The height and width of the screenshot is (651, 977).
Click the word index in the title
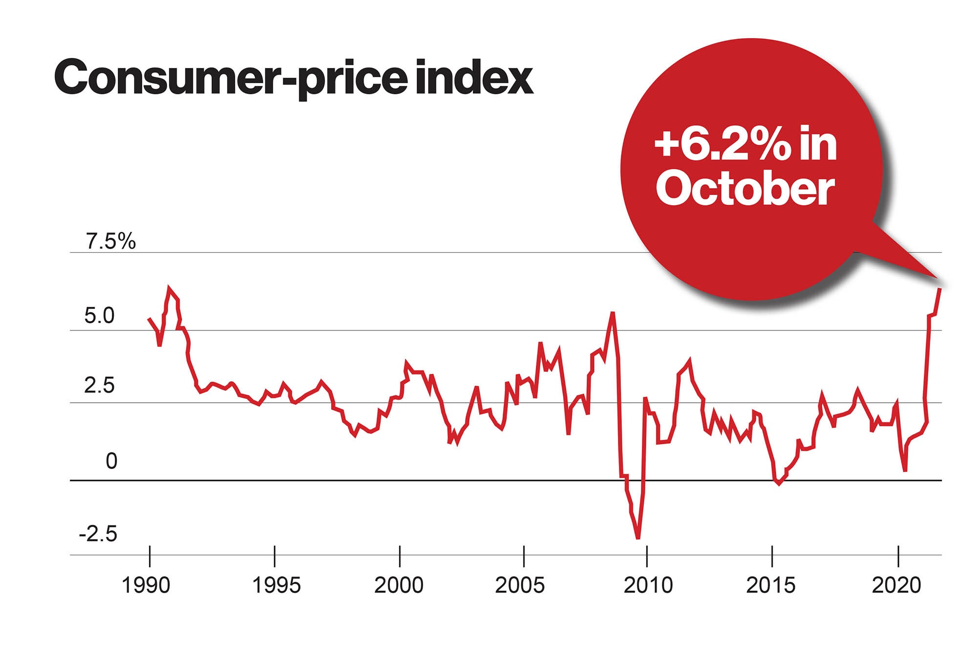tap(474, 77)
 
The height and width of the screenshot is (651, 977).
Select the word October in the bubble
tap(745, 189)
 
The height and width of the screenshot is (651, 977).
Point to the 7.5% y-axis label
tap(111, 241)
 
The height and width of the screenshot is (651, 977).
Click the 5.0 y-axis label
tap(99, 316)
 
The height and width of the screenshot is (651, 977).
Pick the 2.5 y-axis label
tap(99, 386)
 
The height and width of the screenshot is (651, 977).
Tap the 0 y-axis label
tap(111, 461)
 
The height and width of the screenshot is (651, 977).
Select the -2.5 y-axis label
tap(98, 534)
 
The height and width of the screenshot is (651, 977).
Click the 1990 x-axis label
tap(146, 585)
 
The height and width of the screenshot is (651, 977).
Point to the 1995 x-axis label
tap(276, 585)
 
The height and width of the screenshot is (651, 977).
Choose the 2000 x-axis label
tap(399, 585)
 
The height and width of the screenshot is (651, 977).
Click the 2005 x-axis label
tap(520, 585)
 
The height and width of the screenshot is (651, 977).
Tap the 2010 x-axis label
tap(648, 585)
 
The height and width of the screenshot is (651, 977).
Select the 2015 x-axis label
tap(771, 585)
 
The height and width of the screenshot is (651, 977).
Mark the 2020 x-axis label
tap(896, 585)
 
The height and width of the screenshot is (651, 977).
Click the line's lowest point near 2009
tap(638, 538)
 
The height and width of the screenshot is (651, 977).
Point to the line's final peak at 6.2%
tap(939, 289)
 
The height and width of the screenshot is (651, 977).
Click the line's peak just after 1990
tap(169, 287)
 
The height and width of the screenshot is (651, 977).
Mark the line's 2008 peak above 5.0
tap(613, 312)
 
